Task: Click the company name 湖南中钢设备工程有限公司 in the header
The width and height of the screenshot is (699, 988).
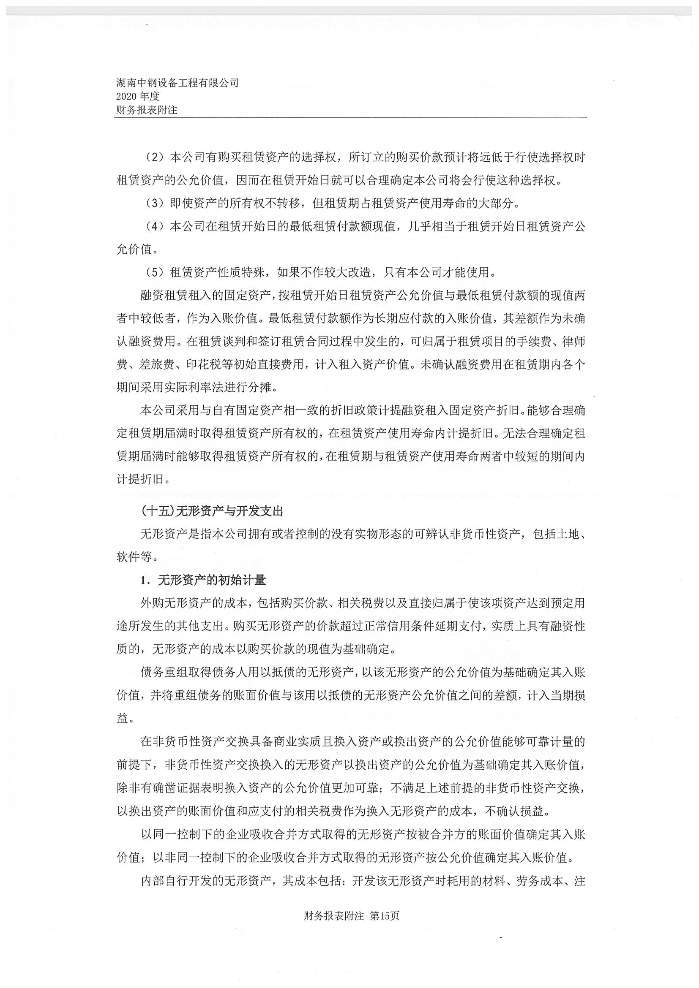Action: [x=177, y=83]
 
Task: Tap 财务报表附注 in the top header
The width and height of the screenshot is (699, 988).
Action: [x=146, y=110]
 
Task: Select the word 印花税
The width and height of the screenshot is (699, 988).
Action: [x=204, y=364]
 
